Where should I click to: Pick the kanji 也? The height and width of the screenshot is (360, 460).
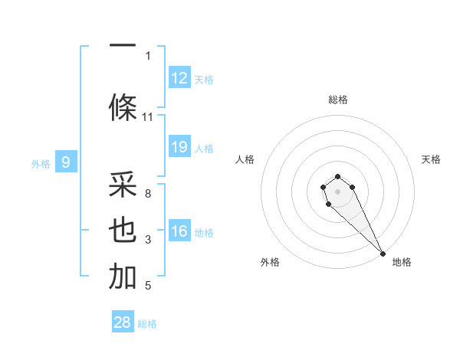[123, 231]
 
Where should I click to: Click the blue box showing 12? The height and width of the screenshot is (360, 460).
[179, 78]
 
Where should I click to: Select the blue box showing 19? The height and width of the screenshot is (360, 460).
[179, 147]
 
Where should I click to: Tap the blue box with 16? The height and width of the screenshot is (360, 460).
[179, 231]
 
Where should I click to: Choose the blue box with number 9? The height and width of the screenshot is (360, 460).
[67, 162]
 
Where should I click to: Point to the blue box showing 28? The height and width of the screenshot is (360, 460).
[123, 322]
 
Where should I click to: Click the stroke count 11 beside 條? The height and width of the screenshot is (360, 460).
[148, 117]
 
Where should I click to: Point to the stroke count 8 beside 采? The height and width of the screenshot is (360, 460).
[148, 194]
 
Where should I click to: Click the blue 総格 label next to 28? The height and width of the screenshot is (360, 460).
[147, 324]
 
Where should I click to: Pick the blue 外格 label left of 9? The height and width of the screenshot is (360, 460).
[41, 163]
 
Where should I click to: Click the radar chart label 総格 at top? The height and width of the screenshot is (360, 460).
[338, 100]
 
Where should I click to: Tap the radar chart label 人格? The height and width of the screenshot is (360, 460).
[245, 159]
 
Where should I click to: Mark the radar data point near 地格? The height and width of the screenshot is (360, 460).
[383, 254]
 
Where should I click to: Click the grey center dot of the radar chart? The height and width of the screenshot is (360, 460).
[337, 191]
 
